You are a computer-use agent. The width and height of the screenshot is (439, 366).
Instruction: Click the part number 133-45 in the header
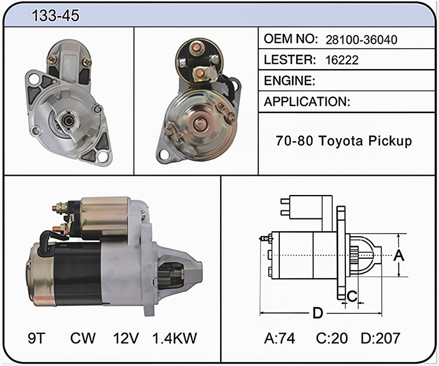point(56,15)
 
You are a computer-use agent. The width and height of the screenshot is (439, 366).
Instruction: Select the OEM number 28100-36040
point(361,40)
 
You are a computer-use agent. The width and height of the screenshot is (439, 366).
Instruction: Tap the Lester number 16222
point(342,60)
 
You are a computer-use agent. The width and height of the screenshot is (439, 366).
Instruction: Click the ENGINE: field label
point(290,81)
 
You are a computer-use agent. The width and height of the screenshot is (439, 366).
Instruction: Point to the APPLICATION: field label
point(307,101)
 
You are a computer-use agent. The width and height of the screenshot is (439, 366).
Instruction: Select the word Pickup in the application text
point(390,141)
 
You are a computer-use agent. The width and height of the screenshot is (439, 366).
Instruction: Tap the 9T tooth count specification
point(36,338)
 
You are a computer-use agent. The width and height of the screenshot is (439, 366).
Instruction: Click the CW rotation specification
point(83,338)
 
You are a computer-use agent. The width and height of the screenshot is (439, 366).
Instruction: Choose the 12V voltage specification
point(126,338)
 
